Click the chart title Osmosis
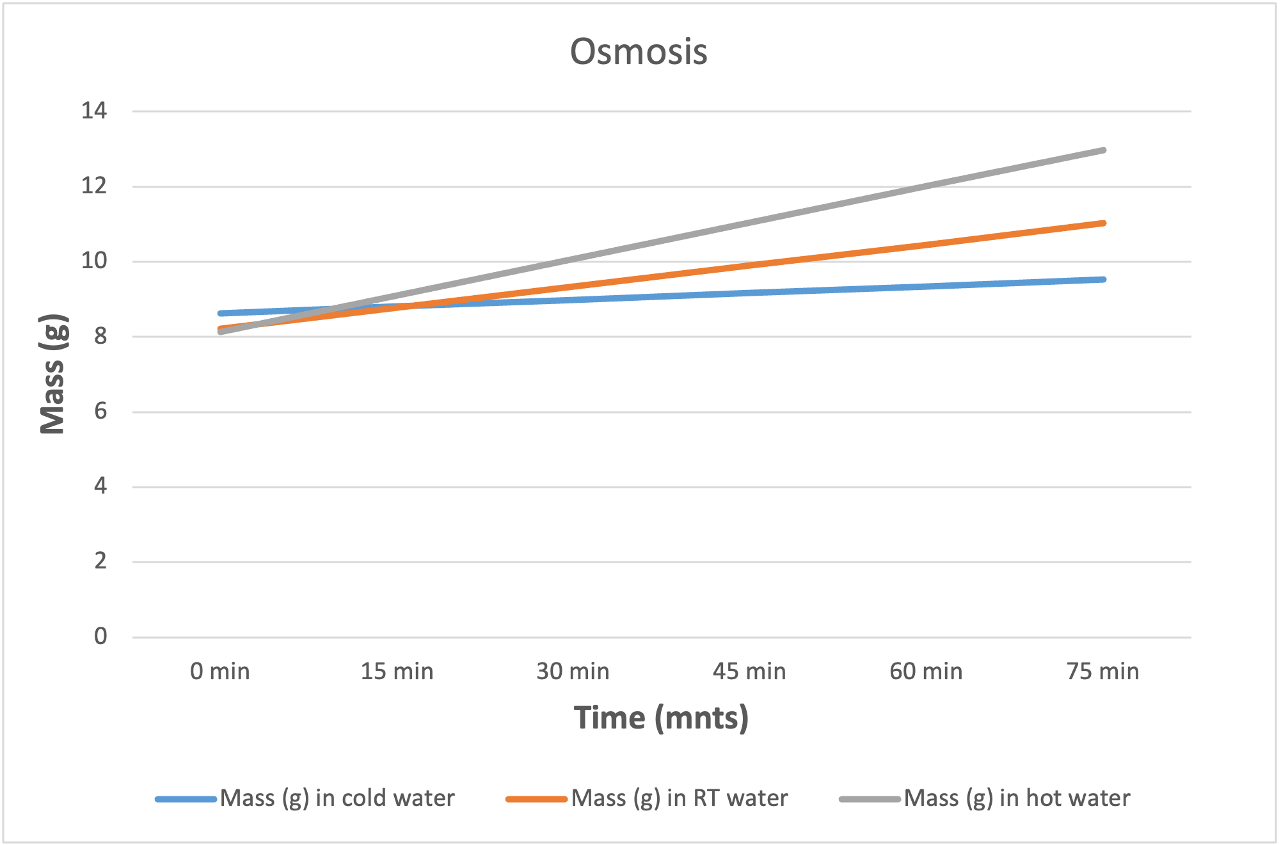(x=639, y=52)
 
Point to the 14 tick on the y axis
(x=94, y=111)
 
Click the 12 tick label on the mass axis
(x=94, y=186)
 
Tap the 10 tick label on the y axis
(x=94, y=261)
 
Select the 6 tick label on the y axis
(x=100, y=411)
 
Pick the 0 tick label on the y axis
(x=100, y=636)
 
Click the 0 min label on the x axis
(x=220, y=672)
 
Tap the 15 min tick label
(x=397, y=672)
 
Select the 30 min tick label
(x=573, y=672)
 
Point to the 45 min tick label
(x=749, y=672)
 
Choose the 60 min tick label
(x=926, y=672)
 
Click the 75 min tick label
(x=1102, y=672)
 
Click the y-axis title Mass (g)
(x=52, y=374)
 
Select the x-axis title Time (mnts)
(x=661, y=718)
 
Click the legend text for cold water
(x=337, y=798)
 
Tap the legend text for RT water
(x=680, y=798)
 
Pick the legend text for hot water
(x=1017, y=798)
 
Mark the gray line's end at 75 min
(x=1103, y=150)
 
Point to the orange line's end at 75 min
(x=1103, y=223)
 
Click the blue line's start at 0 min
(x=220, y=313)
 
